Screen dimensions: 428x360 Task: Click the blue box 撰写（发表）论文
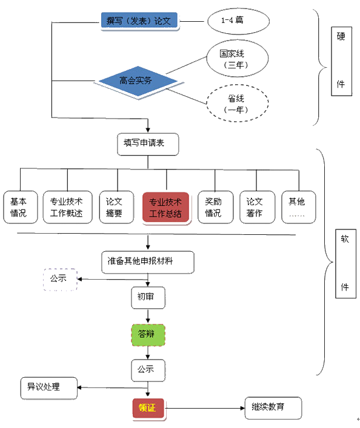point(139,21)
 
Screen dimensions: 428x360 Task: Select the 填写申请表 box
point(148,144)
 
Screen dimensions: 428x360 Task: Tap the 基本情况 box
point(20,207)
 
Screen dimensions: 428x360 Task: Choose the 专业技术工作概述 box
point(67,207)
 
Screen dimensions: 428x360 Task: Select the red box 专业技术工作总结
point(165,208)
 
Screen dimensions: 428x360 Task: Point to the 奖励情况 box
point(215,207)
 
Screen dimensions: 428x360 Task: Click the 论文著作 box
point(255,207)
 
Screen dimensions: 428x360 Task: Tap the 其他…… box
point(298,207)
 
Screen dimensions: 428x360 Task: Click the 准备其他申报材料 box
point(148,262)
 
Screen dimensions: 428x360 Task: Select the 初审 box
point(148,297)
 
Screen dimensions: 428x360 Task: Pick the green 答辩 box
point(148,334)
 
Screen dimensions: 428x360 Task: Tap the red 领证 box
point(148,408)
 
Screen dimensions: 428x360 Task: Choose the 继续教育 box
point(272,408)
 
